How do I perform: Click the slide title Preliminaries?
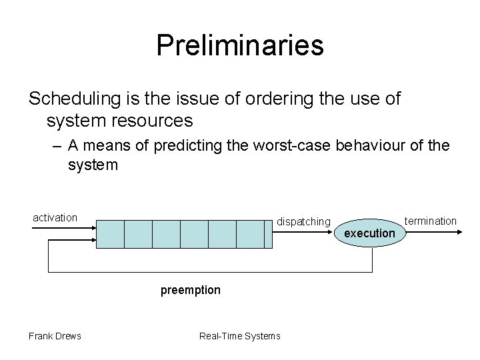240,45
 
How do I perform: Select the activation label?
55,217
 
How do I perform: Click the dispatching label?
303,221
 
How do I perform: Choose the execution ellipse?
369,233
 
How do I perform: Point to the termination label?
431,221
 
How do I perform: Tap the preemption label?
190,291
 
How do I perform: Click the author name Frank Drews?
55,335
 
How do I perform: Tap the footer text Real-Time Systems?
240,335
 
